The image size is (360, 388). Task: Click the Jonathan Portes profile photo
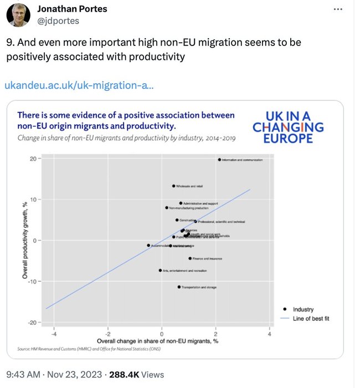(x=18, y=14)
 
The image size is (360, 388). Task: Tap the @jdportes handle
(x=58, y=21)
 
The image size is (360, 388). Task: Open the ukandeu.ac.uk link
(x=79, y=85)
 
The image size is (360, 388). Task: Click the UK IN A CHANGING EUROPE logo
(x=288, y=127)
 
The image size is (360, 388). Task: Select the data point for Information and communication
(x=219, y=160)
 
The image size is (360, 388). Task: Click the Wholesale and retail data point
(x=174, y=186)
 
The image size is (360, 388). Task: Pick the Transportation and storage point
(x=179, y=287)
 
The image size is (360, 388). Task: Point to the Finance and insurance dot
(x=190, y=258)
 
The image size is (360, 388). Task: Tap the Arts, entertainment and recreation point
(x=160, y=270)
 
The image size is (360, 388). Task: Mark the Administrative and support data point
(x=181, y=203)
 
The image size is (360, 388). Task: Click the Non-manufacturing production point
(x=167, y=208)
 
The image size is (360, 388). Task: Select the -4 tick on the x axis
(x=53, y=335)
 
